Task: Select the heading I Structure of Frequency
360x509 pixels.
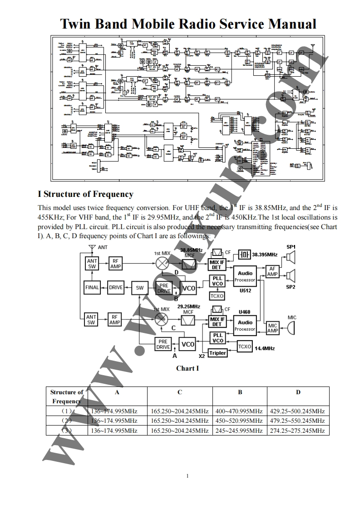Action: point(85,194)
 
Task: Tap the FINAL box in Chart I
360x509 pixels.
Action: point(92,287)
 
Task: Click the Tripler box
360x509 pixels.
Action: point(217,353)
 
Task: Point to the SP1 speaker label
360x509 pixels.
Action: point(291,246)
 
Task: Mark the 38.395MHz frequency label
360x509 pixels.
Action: point(265,255)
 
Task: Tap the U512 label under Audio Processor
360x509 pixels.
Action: point(245,290)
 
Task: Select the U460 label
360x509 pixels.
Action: point(245,312)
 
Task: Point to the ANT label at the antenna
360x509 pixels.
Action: point(103,248)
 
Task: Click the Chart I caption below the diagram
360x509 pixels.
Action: point(187,368)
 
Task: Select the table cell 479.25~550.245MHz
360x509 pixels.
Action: point(297,421)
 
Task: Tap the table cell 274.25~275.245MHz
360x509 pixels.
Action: point(297,431)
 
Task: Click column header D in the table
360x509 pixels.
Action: point(298,392)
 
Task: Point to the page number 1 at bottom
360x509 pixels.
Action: point(187,475)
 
